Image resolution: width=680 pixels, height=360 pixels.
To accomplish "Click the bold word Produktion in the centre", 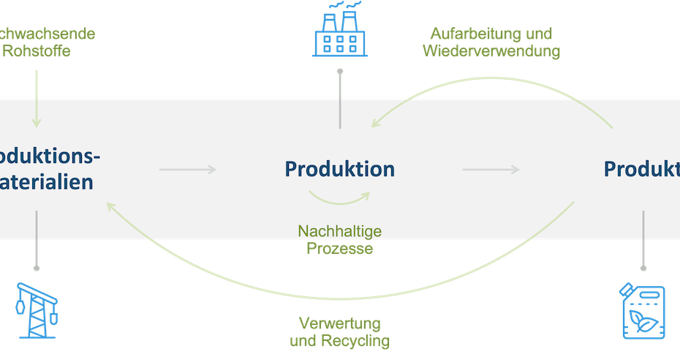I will click(x=340, y=169).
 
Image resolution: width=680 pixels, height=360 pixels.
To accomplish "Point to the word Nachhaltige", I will click(x=340, y=231).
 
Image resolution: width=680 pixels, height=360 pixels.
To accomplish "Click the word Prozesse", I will click(x=340, y=249).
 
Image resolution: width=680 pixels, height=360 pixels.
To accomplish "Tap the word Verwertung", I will click(x=340, y=323).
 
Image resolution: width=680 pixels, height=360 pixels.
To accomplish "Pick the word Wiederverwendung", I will click(x=491, y=52).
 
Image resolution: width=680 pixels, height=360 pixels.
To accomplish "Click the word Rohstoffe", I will click(x=37, y=51).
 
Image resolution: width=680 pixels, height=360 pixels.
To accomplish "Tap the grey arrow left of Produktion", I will click(x=188, y=170).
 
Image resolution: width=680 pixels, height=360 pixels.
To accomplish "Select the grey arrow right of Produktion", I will click(x=491, y=170).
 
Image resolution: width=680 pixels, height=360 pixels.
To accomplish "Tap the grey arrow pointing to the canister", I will click(x=643, y=241).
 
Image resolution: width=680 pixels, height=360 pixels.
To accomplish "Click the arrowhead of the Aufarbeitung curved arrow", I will click(x=374, y=125).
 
